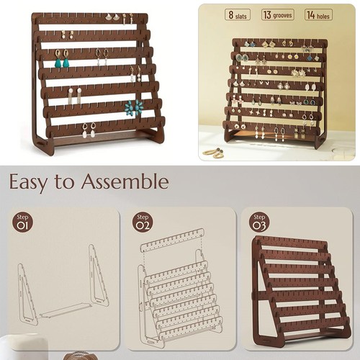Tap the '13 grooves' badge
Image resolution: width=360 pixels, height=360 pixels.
(x=277, y=14)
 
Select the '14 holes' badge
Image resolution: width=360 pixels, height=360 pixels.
(x=318, y=14)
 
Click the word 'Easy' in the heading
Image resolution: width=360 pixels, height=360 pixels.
(x=31, y=181)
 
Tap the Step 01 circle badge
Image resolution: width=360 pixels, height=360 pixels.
(x=24, y=222)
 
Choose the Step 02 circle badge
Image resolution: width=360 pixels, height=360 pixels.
(x=143, y=222)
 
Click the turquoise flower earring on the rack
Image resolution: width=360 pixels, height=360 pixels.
(x=134, y=108)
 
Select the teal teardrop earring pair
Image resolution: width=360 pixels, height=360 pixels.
(x=62, y=59)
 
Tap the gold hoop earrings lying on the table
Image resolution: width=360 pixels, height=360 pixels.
(x=214, y=152)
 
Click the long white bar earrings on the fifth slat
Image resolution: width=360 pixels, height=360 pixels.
(x=74, y=96)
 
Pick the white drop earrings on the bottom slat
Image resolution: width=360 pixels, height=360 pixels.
(x=89, y=130)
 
